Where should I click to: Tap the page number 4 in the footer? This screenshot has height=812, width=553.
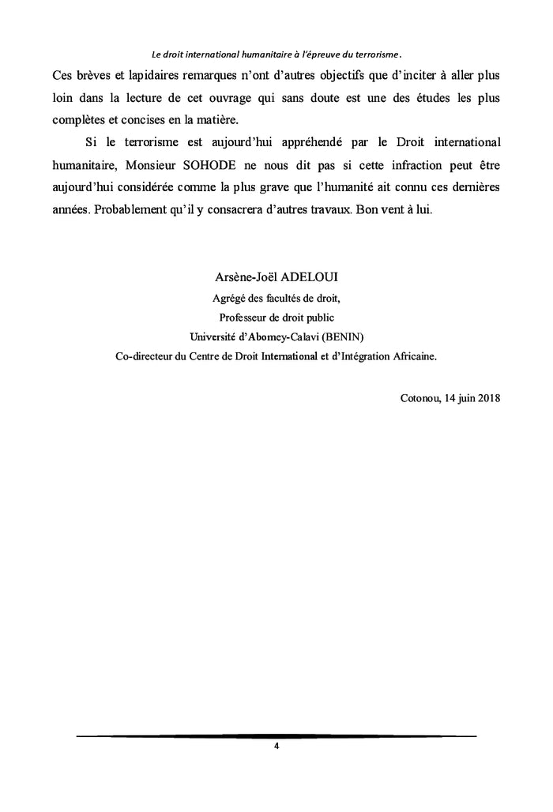(276, 746)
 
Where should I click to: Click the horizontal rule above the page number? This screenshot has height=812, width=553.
(276, 736)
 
